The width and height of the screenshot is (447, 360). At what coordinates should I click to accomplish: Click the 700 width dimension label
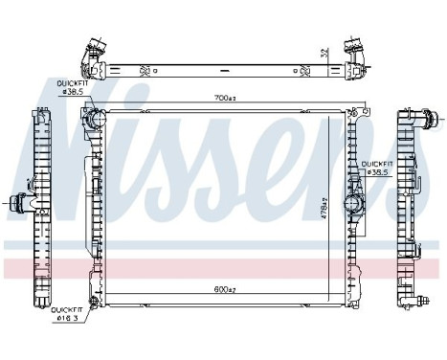click(227, 98)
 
